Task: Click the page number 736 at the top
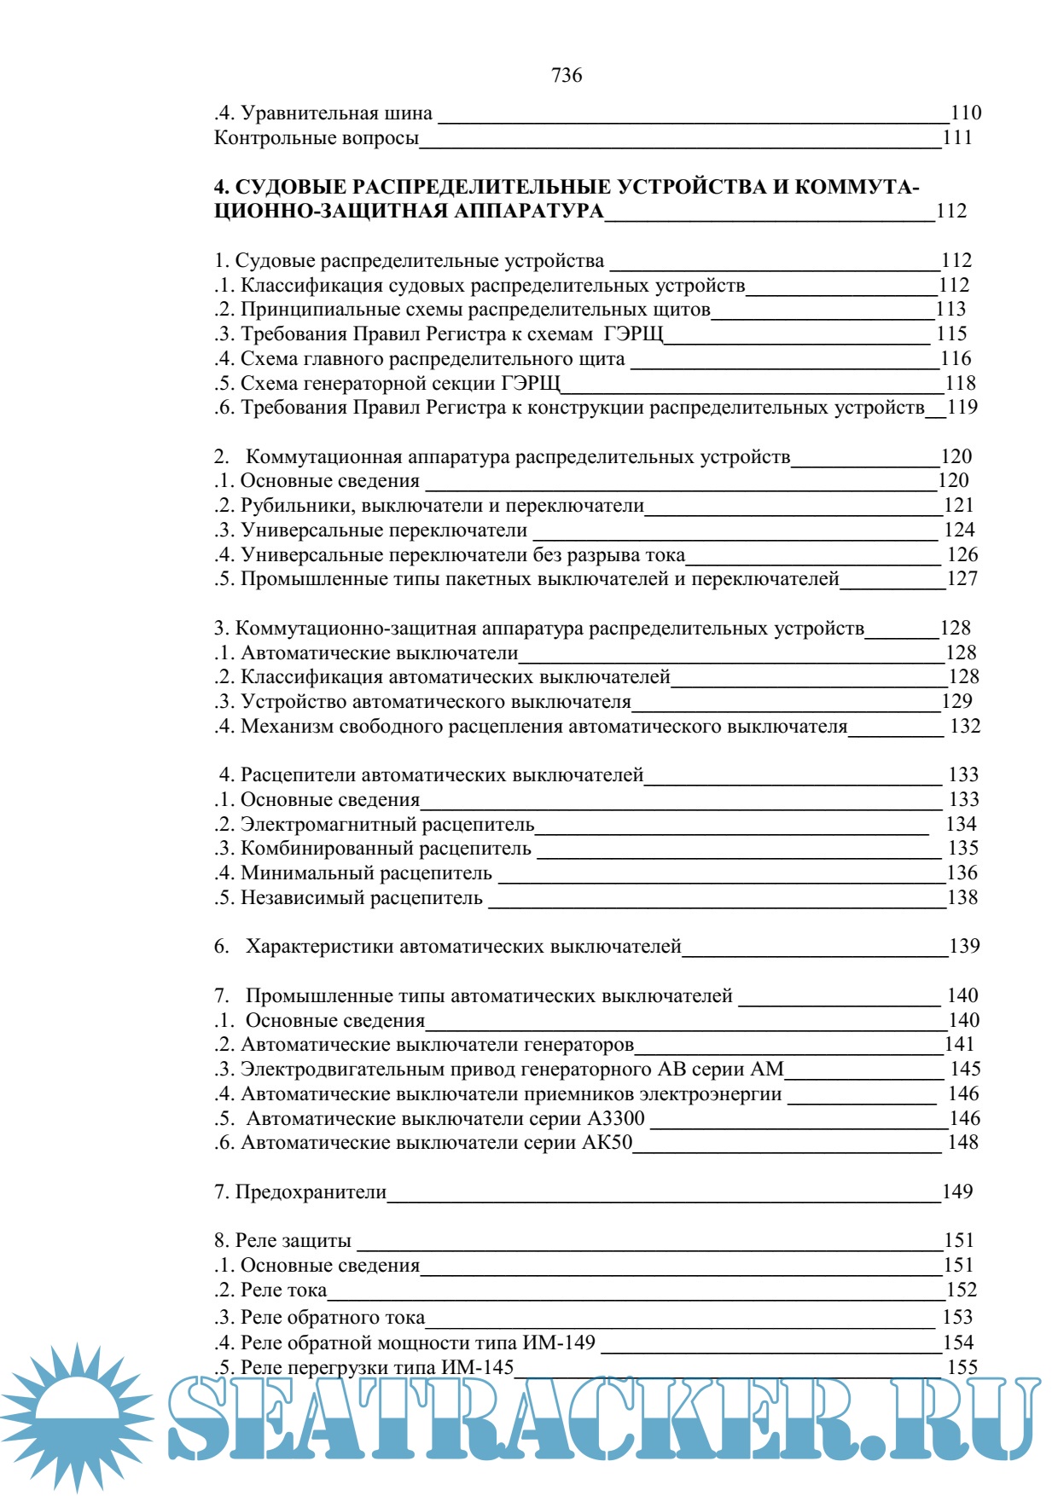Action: click(567, 76)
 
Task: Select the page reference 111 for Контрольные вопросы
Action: click(957, 138)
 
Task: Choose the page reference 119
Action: click(962, 408)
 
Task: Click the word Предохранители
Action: click(311, 1192)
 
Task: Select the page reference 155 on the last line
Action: click(962, 1367)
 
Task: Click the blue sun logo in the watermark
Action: click(77, 1416)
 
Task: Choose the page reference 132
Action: click(965, 727)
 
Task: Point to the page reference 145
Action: click(965, 1070)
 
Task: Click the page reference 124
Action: click(959, 531)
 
